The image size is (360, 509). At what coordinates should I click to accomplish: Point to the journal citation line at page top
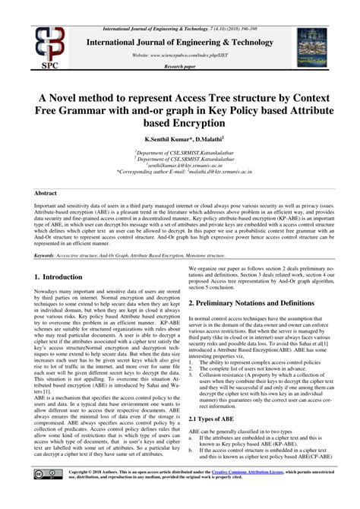point(179,6)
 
